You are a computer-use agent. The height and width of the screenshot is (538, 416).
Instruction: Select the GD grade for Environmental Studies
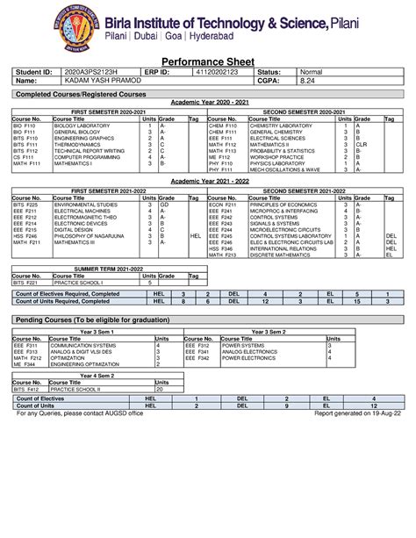tap(163, 204)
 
